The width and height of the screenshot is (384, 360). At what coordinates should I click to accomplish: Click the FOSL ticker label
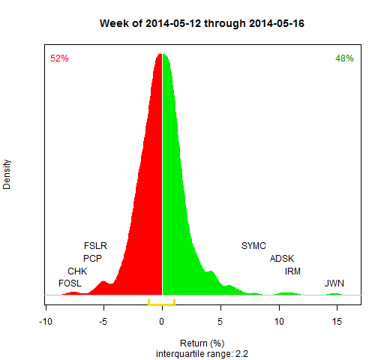70,283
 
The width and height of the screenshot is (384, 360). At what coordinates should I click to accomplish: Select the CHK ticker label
77,271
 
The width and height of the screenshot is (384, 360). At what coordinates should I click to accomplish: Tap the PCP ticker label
92,259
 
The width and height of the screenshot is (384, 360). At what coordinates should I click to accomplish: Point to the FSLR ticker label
95,246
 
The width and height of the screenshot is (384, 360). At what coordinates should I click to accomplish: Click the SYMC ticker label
253,246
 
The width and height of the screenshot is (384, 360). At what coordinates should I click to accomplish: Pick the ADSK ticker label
282,259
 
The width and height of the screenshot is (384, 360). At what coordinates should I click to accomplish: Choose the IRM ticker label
292,271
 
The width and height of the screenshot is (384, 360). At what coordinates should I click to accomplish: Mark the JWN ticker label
334,283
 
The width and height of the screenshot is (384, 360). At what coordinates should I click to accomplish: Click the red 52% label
59,58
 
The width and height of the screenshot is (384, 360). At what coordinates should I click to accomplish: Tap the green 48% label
344,58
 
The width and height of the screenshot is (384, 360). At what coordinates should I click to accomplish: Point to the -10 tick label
46,322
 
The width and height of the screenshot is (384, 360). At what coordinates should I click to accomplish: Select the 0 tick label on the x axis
162,322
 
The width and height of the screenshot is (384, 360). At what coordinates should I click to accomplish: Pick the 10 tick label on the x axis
279,322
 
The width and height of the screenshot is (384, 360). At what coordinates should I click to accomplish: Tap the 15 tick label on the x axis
337,322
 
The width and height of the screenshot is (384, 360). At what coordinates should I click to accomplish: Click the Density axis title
7,175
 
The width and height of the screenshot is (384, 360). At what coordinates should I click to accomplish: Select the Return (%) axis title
202,343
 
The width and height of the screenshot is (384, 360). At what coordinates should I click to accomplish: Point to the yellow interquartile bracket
162,304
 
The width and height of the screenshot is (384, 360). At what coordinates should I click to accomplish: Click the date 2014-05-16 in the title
277,23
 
